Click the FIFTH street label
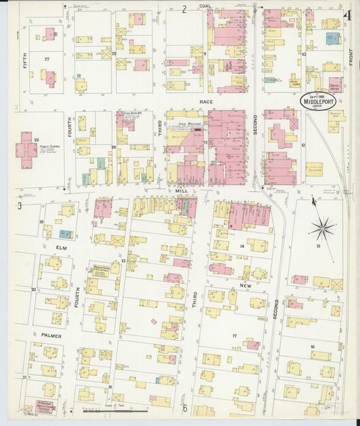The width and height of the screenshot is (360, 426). pyautogui.click(x=25, y=65)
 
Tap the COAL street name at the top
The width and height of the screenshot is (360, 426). pyautogui.click(x=205, y=8)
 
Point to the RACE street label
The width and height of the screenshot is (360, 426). pyautogui.click(x=206, y=101)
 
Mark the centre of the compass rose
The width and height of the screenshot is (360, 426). pyautogui.click(x=324, y=228)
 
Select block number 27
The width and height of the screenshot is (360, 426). pyautogui.click(x=47, y=59)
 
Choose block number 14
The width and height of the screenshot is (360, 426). pyautogui.click(x=241, y=246)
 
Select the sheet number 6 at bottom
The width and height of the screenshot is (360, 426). pyautogui.click(x=184, y=408)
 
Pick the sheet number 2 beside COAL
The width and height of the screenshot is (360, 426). pyautogui.click(x=184, y=9)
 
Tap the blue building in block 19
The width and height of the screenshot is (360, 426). pyautogui.click(x=65, y=234)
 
